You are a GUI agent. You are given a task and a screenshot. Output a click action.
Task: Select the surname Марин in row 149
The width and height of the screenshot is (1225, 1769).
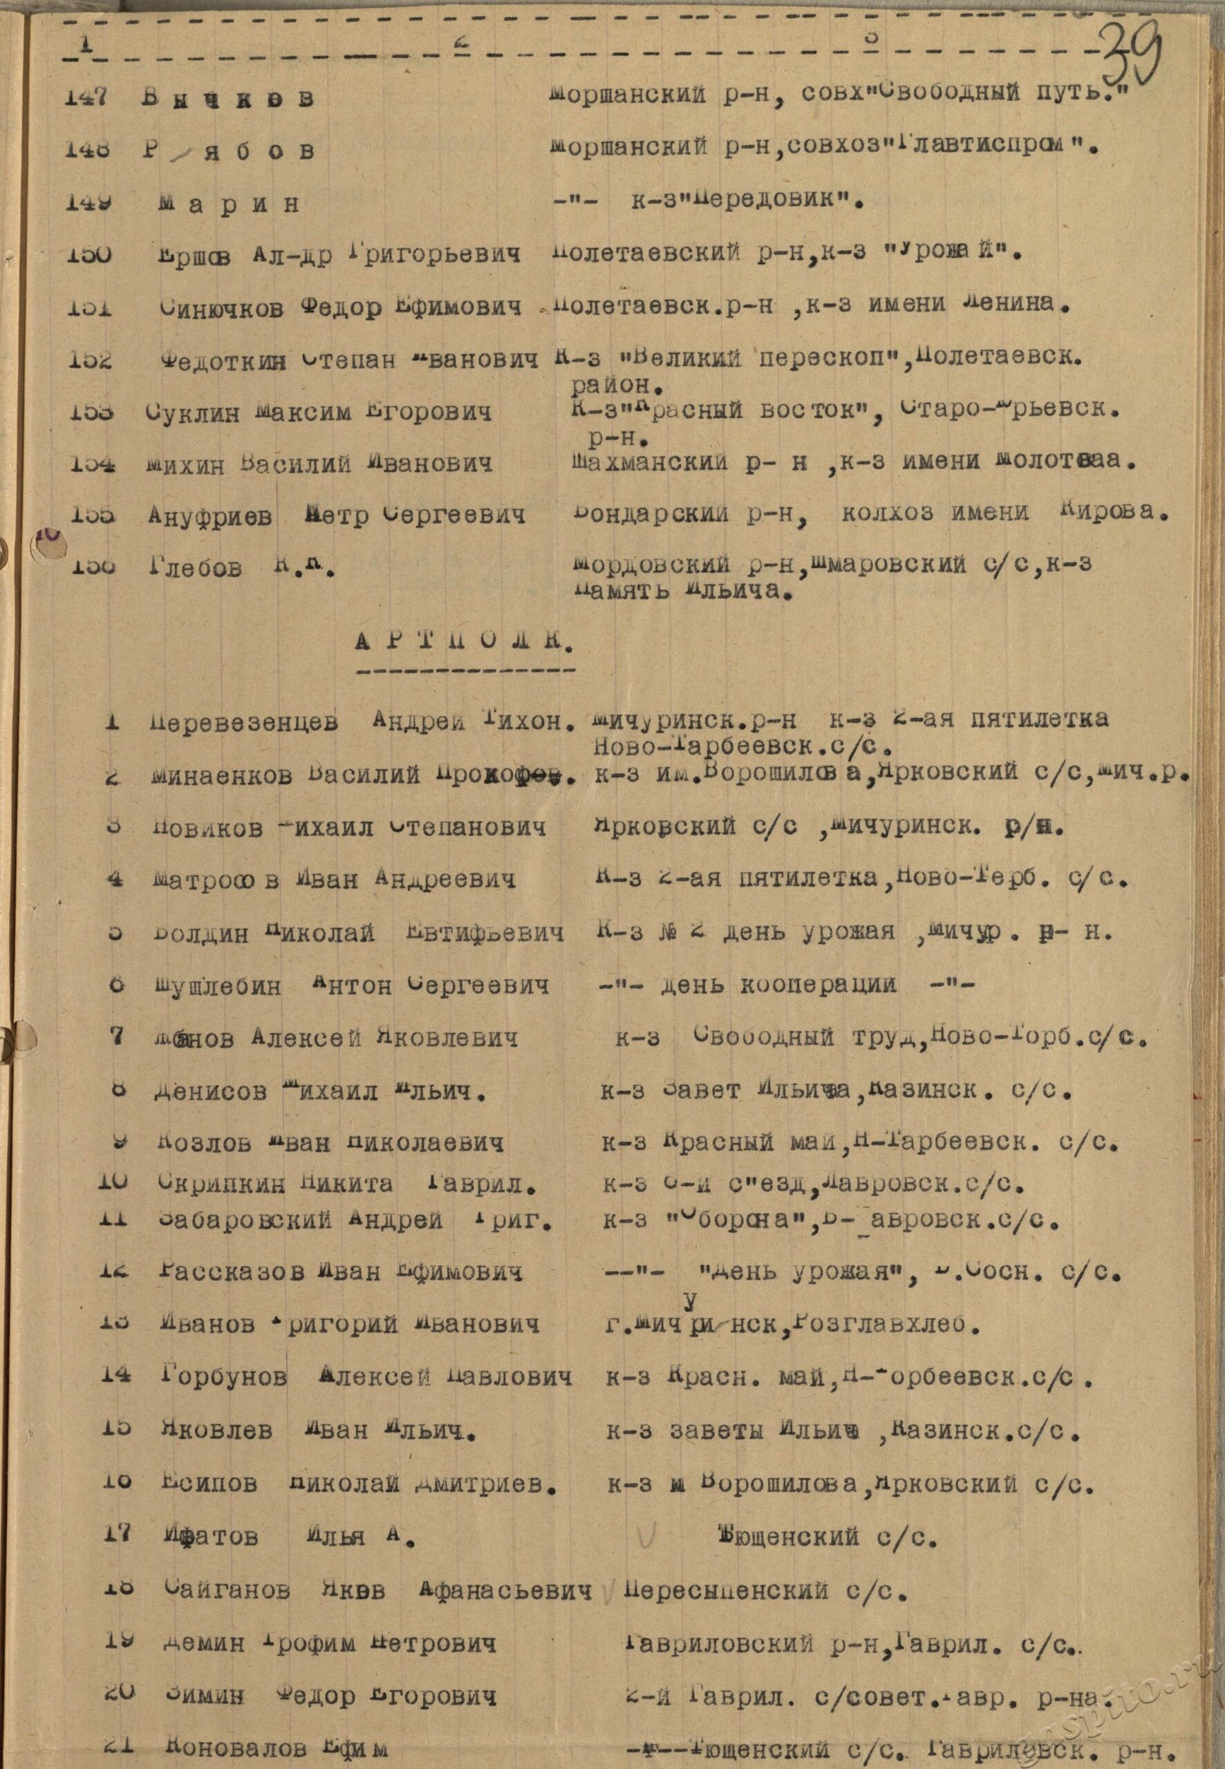[229, 205]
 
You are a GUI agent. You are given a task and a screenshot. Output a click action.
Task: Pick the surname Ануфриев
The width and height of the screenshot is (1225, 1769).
[210, 516]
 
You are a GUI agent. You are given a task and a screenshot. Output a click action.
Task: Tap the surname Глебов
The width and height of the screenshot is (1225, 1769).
[195, 569]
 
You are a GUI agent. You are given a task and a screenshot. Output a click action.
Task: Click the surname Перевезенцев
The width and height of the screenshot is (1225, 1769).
[243, 723]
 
